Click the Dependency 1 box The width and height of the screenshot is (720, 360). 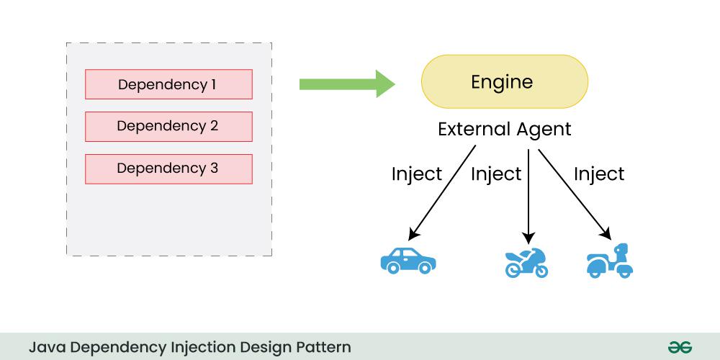(168, 84)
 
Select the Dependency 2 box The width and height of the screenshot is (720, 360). (168, 126)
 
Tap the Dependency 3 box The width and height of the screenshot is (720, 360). (168, 168)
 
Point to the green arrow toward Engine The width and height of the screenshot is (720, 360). (346, 84)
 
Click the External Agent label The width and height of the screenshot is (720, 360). (504, 130)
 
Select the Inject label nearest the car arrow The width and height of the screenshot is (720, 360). (416, 174)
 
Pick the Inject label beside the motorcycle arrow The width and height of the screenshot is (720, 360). (495, 174)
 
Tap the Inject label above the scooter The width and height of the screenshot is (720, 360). (598, 174)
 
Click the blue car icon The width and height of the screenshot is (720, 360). (408, 261)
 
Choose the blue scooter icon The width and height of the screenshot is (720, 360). (610, 261)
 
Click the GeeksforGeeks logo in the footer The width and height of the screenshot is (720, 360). (679, 346)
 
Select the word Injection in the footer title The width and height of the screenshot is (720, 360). (194, 346)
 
